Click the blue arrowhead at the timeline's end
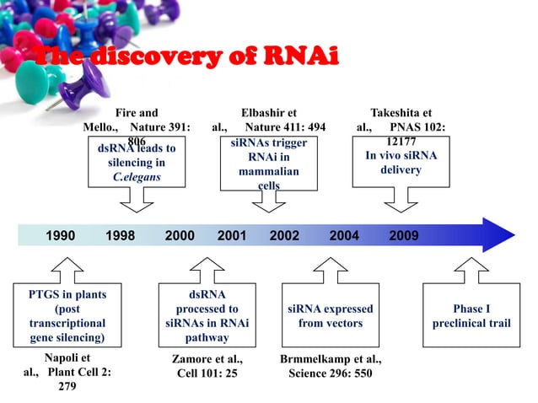494,235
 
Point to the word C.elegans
137,178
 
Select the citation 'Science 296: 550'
330,373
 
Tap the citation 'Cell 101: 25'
207,373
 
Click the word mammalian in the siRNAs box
268,171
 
